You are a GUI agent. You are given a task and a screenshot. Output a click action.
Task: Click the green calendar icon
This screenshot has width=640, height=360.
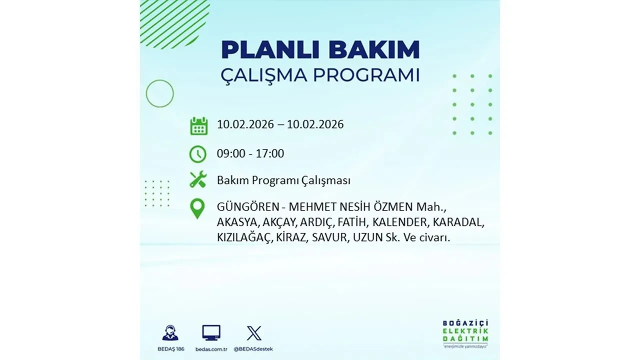(198, 125)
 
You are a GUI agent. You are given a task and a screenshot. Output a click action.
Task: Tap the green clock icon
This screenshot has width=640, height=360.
(198, 153)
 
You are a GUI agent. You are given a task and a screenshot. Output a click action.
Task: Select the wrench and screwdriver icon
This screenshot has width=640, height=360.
(198, 179)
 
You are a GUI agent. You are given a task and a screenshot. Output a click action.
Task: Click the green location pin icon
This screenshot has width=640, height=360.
(198, 208)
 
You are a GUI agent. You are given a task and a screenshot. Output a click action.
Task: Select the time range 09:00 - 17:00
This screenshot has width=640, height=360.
(250, 153)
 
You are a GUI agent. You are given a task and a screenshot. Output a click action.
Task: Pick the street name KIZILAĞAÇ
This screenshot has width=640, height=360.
(244, 238)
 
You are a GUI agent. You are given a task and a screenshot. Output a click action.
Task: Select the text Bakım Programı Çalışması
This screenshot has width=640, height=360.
(283, 180)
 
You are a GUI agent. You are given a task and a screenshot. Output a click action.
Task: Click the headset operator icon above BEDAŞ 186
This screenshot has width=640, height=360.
(170, 333)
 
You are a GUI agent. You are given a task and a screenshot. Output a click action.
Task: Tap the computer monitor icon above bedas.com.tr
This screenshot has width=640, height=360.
(211, 333)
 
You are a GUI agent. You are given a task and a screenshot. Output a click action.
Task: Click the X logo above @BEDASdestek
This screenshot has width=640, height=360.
(253, 333)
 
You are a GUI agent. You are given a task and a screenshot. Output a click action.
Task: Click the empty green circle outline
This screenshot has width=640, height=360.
(159, 93)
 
